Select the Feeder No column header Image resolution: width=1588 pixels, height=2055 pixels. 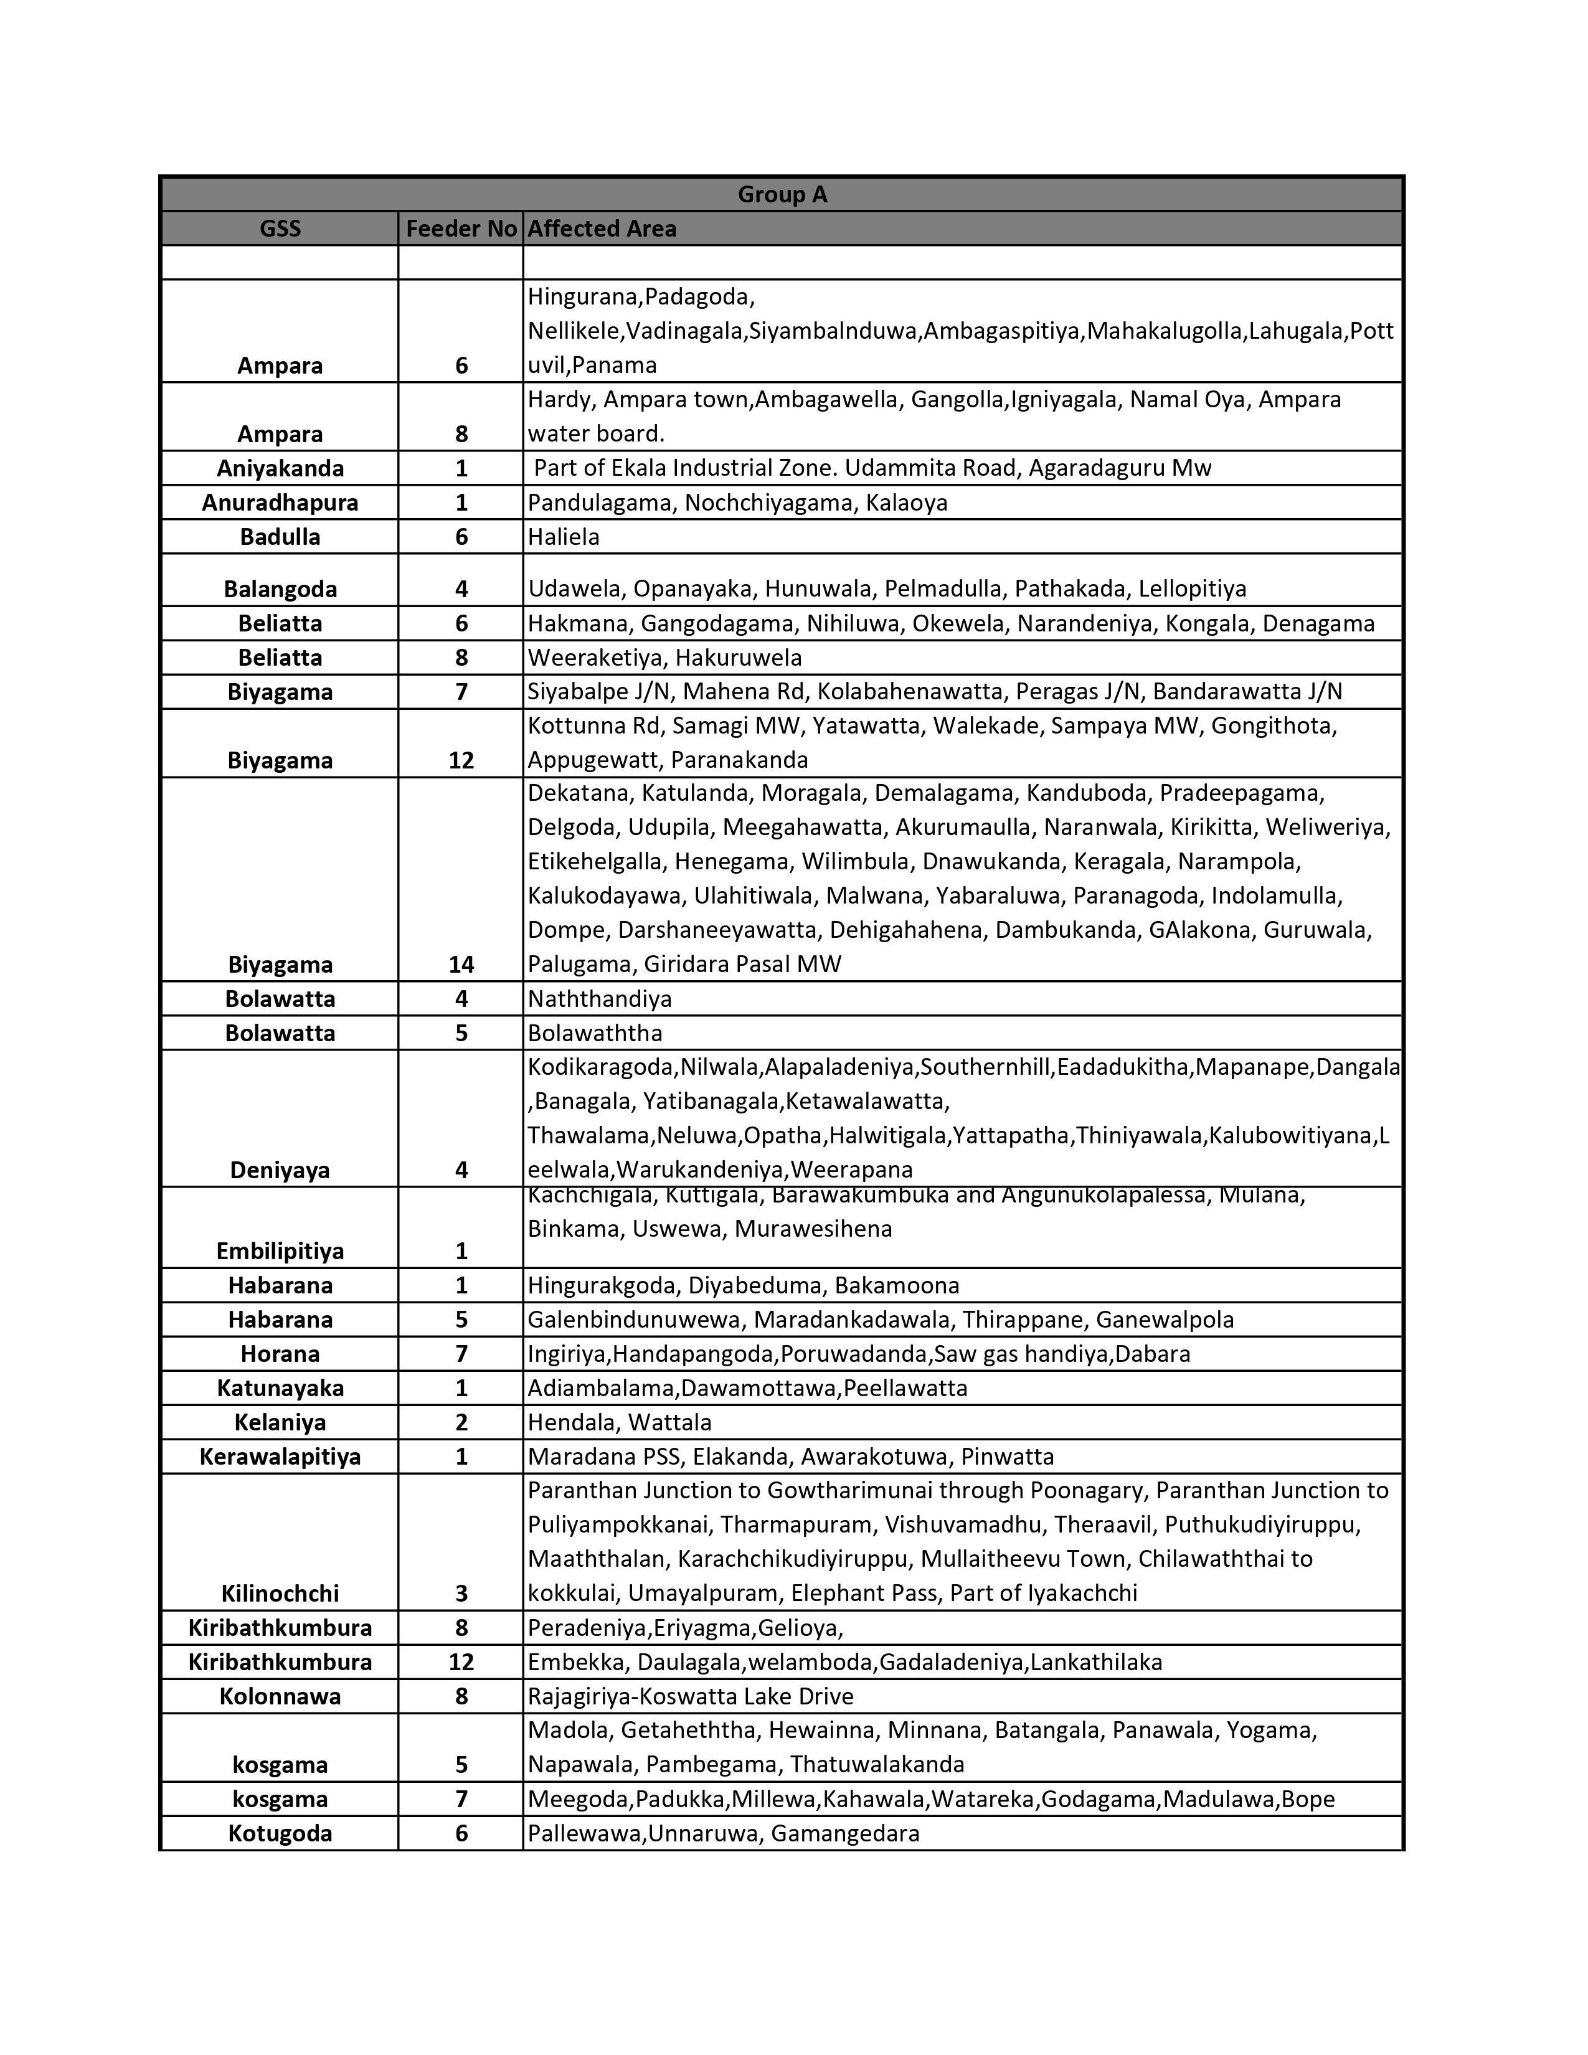pos(461,229)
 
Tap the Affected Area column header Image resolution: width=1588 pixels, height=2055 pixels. pos(602,229)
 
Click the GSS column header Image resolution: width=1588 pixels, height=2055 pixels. pos(280,229)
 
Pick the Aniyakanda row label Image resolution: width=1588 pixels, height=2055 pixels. pos(280,468)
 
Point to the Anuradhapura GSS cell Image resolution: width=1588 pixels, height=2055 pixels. pos(280,503)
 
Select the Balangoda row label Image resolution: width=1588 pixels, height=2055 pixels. pos(280,589)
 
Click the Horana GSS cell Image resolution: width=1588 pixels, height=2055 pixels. pos(280,1353)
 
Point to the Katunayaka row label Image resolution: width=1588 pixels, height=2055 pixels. pos(280,1388)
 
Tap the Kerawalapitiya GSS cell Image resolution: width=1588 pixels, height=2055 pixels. pos(280,1457)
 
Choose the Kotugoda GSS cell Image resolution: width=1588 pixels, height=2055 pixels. pos(280,1833)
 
